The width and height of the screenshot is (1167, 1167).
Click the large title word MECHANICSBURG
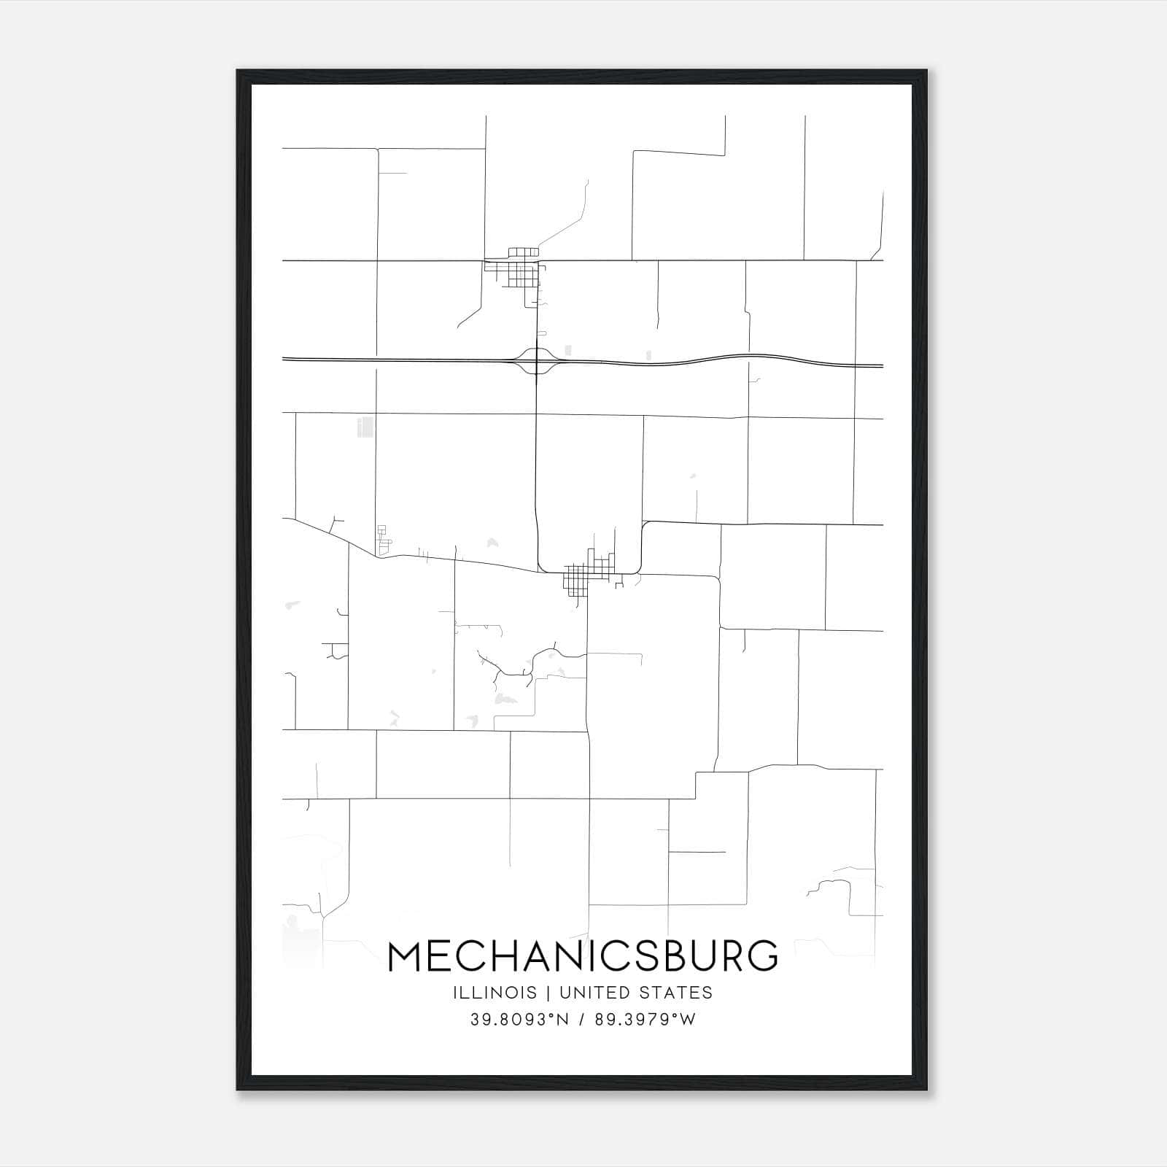(x=583, y=956)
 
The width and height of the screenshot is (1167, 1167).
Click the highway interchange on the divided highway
(x=536, y=361)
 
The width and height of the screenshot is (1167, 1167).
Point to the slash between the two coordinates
(x=581, y=1020)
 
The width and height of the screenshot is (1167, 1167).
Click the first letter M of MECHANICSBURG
(x=406, y=956)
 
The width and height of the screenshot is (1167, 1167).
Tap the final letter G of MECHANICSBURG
(x=761, y=956)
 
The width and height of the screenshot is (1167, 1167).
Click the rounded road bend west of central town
(x=540, y=566)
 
